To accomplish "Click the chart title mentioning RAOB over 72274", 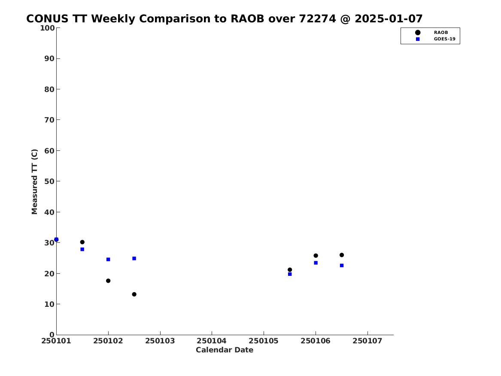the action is click(224, 19).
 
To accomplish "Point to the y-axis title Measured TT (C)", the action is click(34, 182).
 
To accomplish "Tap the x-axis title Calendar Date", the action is click(224, 350).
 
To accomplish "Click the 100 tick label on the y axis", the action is click(47, 28).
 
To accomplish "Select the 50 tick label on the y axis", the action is click(49, 181).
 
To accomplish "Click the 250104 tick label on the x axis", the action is click(212, 341).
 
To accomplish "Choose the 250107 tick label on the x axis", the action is click(367, 341).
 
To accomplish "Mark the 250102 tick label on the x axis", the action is click(108, 341).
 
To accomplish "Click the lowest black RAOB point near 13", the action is click(134, 294).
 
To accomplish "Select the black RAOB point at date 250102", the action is click(108, 281).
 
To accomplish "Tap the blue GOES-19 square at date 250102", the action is click(108, 260).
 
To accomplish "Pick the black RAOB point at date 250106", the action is click(316, 256).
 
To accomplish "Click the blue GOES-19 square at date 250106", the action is click(316, 263).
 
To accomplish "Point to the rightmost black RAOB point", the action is click(342, 255).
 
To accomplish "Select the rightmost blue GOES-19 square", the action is click(342, 266).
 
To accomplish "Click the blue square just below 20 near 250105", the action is click(290, 274).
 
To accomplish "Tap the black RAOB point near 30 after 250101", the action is click(82, 242).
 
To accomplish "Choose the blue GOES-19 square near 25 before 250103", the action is click(134, 259).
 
